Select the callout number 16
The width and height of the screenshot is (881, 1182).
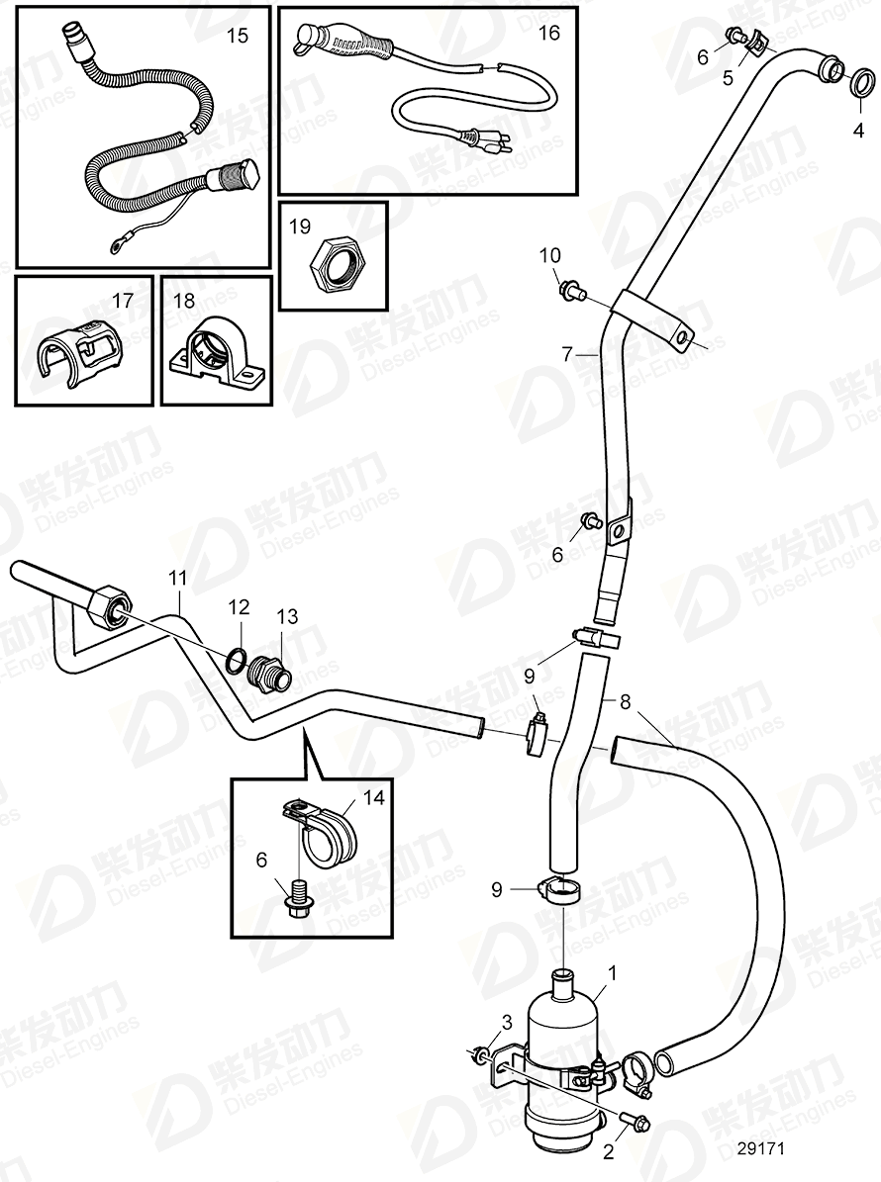click(548, 33)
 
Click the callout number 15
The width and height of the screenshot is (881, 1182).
click(239, 36)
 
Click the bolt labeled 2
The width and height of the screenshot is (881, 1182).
click(635, 1123)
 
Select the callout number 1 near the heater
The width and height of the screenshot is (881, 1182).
click(613, 974)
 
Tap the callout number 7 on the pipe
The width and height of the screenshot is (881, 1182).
click(566, 352)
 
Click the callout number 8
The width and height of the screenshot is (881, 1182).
click(624, 701)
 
